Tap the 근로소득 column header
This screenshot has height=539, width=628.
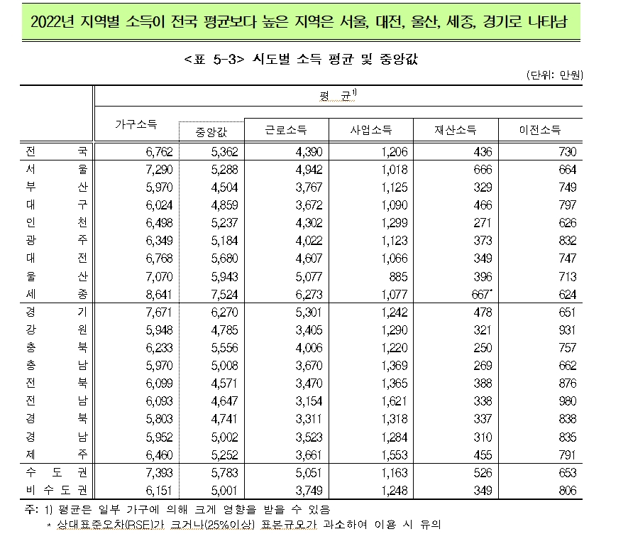point(286,130)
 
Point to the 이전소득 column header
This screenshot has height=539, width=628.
point(540,130)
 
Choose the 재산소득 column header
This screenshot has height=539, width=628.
point(456,130)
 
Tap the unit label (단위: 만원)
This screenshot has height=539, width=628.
point(554,75)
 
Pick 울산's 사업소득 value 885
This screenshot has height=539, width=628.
point(397,276)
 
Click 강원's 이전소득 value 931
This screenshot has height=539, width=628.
point(568,330)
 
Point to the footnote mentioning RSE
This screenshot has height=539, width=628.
point(248,526)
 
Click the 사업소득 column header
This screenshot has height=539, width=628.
point(371,130)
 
